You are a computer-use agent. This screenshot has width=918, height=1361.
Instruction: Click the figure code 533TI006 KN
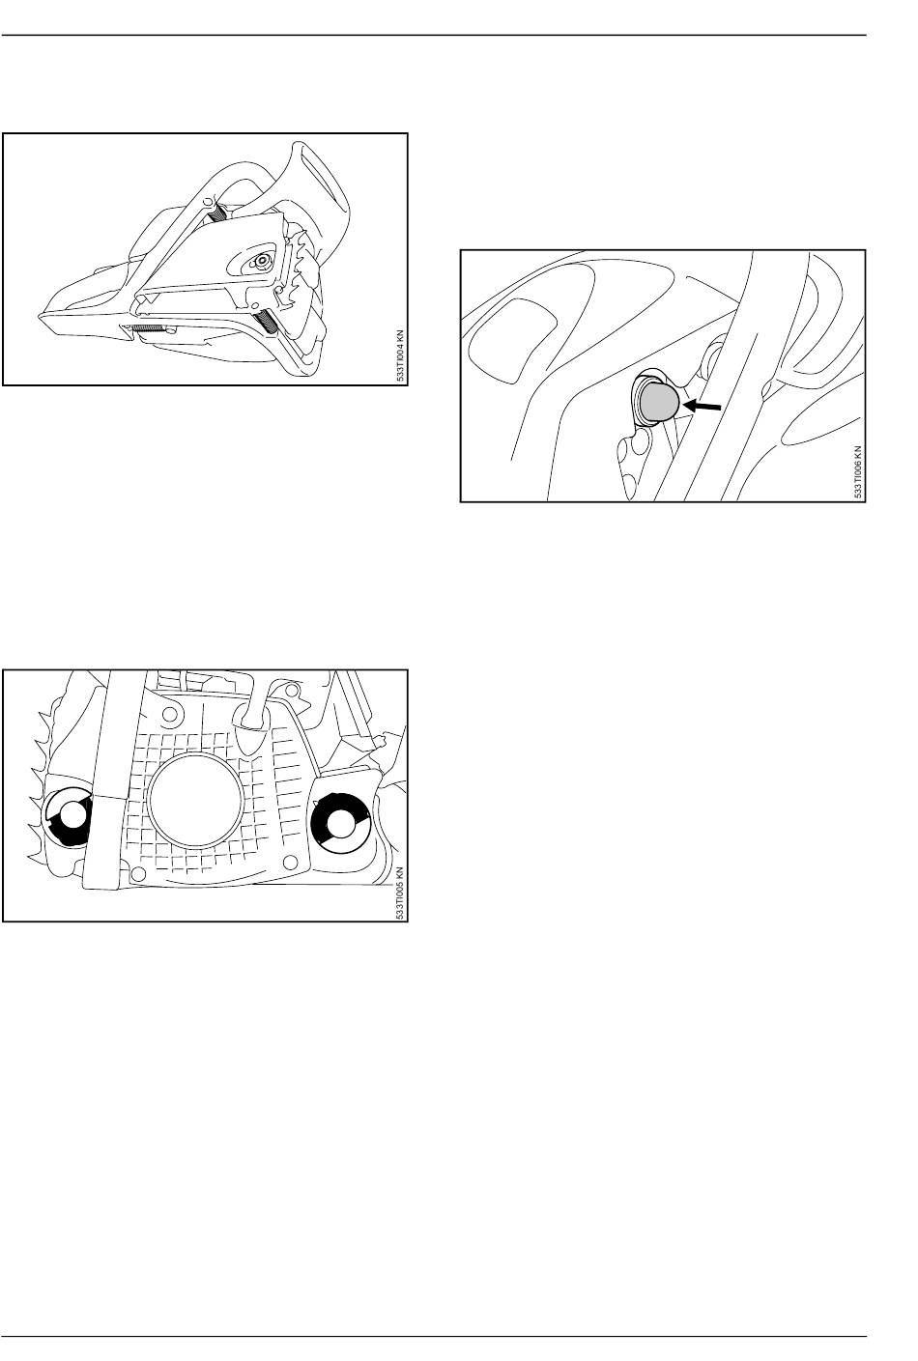[858, 472]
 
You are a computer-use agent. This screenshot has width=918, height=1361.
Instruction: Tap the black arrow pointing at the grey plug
[703, 406]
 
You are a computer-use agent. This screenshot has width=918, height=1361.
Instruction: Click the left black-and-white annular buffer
[68, 816]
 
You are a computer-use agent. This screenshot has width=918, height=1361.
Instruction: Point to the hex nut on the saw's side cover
[261, 260]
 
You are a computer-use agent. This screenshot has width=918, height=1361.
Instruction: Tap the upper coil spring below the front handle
[218, 212]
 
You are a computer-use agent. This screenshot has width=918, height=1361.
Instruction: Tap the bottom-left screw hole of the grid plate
[138, 874]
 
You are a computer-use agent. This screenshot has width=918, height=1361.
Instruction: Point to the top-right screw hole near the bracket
[295, 691]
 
